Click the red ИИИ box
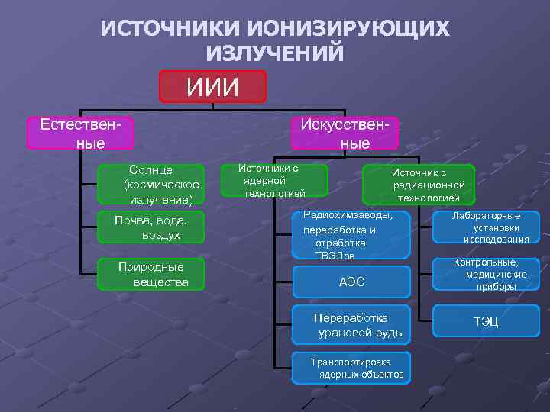(x=212, y=86)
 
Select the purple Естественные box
(x=80, y=133)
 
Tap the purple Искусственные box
(x=345, y=133)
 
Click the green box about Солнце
(x=151, y=184)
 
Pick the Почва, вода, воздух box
(x=151, y=227)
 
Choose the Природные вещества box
(x=151, y=275)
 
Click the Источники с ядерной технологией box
(x=273, y=181)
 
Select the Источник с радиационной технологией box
(x=419, y=185)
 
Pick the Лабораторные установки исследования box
(x=486, y=227)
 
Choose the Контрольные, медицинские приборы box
(x=486, y=275)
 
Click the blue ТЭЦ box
(x=486, y=321)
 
